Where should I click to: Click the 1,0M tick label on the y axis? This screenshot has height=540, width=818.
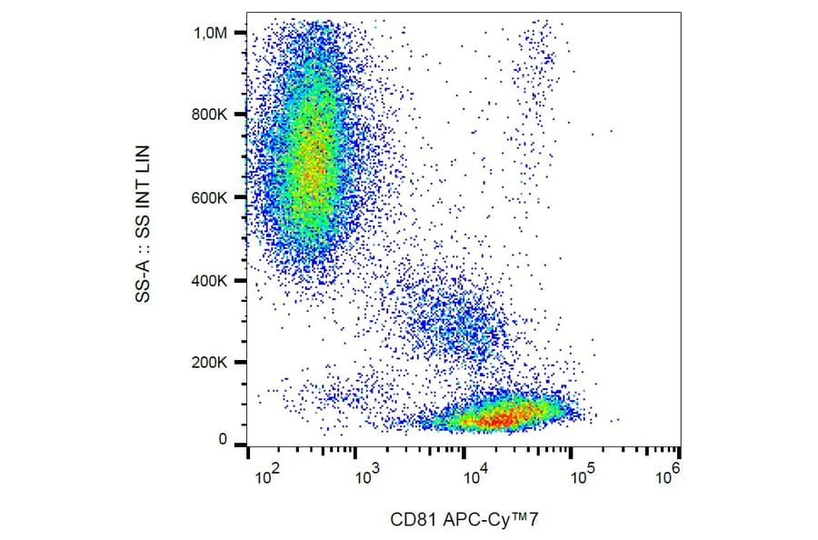[214, 33]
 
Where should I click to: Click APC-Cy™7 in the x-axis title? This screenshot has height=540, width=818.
[485, 519]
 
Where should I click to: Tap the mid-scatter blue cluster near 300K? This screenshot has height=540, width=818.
[450, 318]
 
